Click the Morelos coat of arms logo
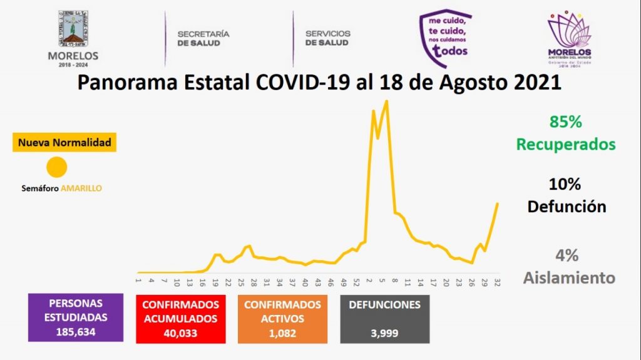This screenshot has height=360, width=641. point(73,29)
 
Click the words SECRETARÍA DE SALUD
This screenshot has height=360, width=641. point(203,38)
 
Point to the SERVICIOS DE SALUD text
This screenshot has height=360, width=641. point(327,38)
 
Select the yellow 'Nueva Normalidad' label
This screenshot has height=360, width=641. point(64,143)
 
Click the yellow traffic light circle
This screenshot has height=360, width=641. point(57,168)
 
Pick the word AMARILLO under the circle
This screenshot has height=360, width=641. point(81,188)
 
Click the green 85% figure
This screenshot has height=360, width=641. point(565,121)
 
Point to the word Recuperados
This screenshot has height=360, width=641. point(566,144)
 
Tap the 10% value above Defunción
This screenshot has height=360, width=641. point(565,184)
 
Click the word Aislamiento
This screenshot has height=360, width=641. point(569,277)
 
